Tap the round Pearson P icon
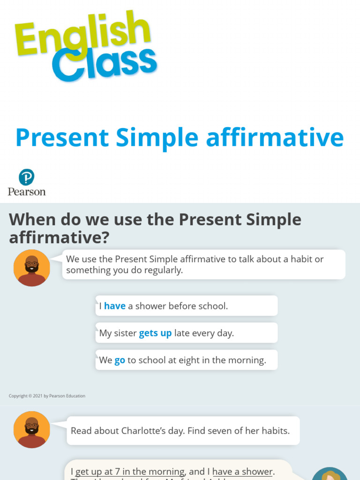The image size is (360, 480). pyautogui.click(x=27, y=177)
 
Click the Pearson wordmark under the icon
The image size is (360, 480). pyautogui.click(x=27, y=191)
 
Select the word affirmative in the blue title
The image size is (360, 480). pyautogui.click(x=275, y=138)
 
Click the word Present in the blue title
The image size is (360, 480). pyautogui.click(x=63, y=138)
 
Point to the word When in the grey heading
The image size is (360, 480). pyautogui.click(x=32, y=219)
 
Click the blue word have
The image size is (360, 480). pyautogui.click(x=115, y=306)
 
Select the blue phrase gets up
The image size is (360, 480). pyautogui.click(x=155, y=333)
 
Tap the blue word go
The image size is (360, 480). pyautogui.click(x=120, y=360)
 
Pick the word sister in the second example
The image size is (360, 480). pyautogui.click(x=125, y=333)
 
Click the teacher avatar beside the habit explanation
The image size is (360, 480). pyautogui.click(x=32, y=268)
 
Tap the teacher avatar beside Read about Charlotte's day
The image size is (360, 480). pyautogui.click(x=32, y=429)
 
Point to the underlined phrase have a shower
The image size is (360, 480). pyautogui.click(x=243, y=472)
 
